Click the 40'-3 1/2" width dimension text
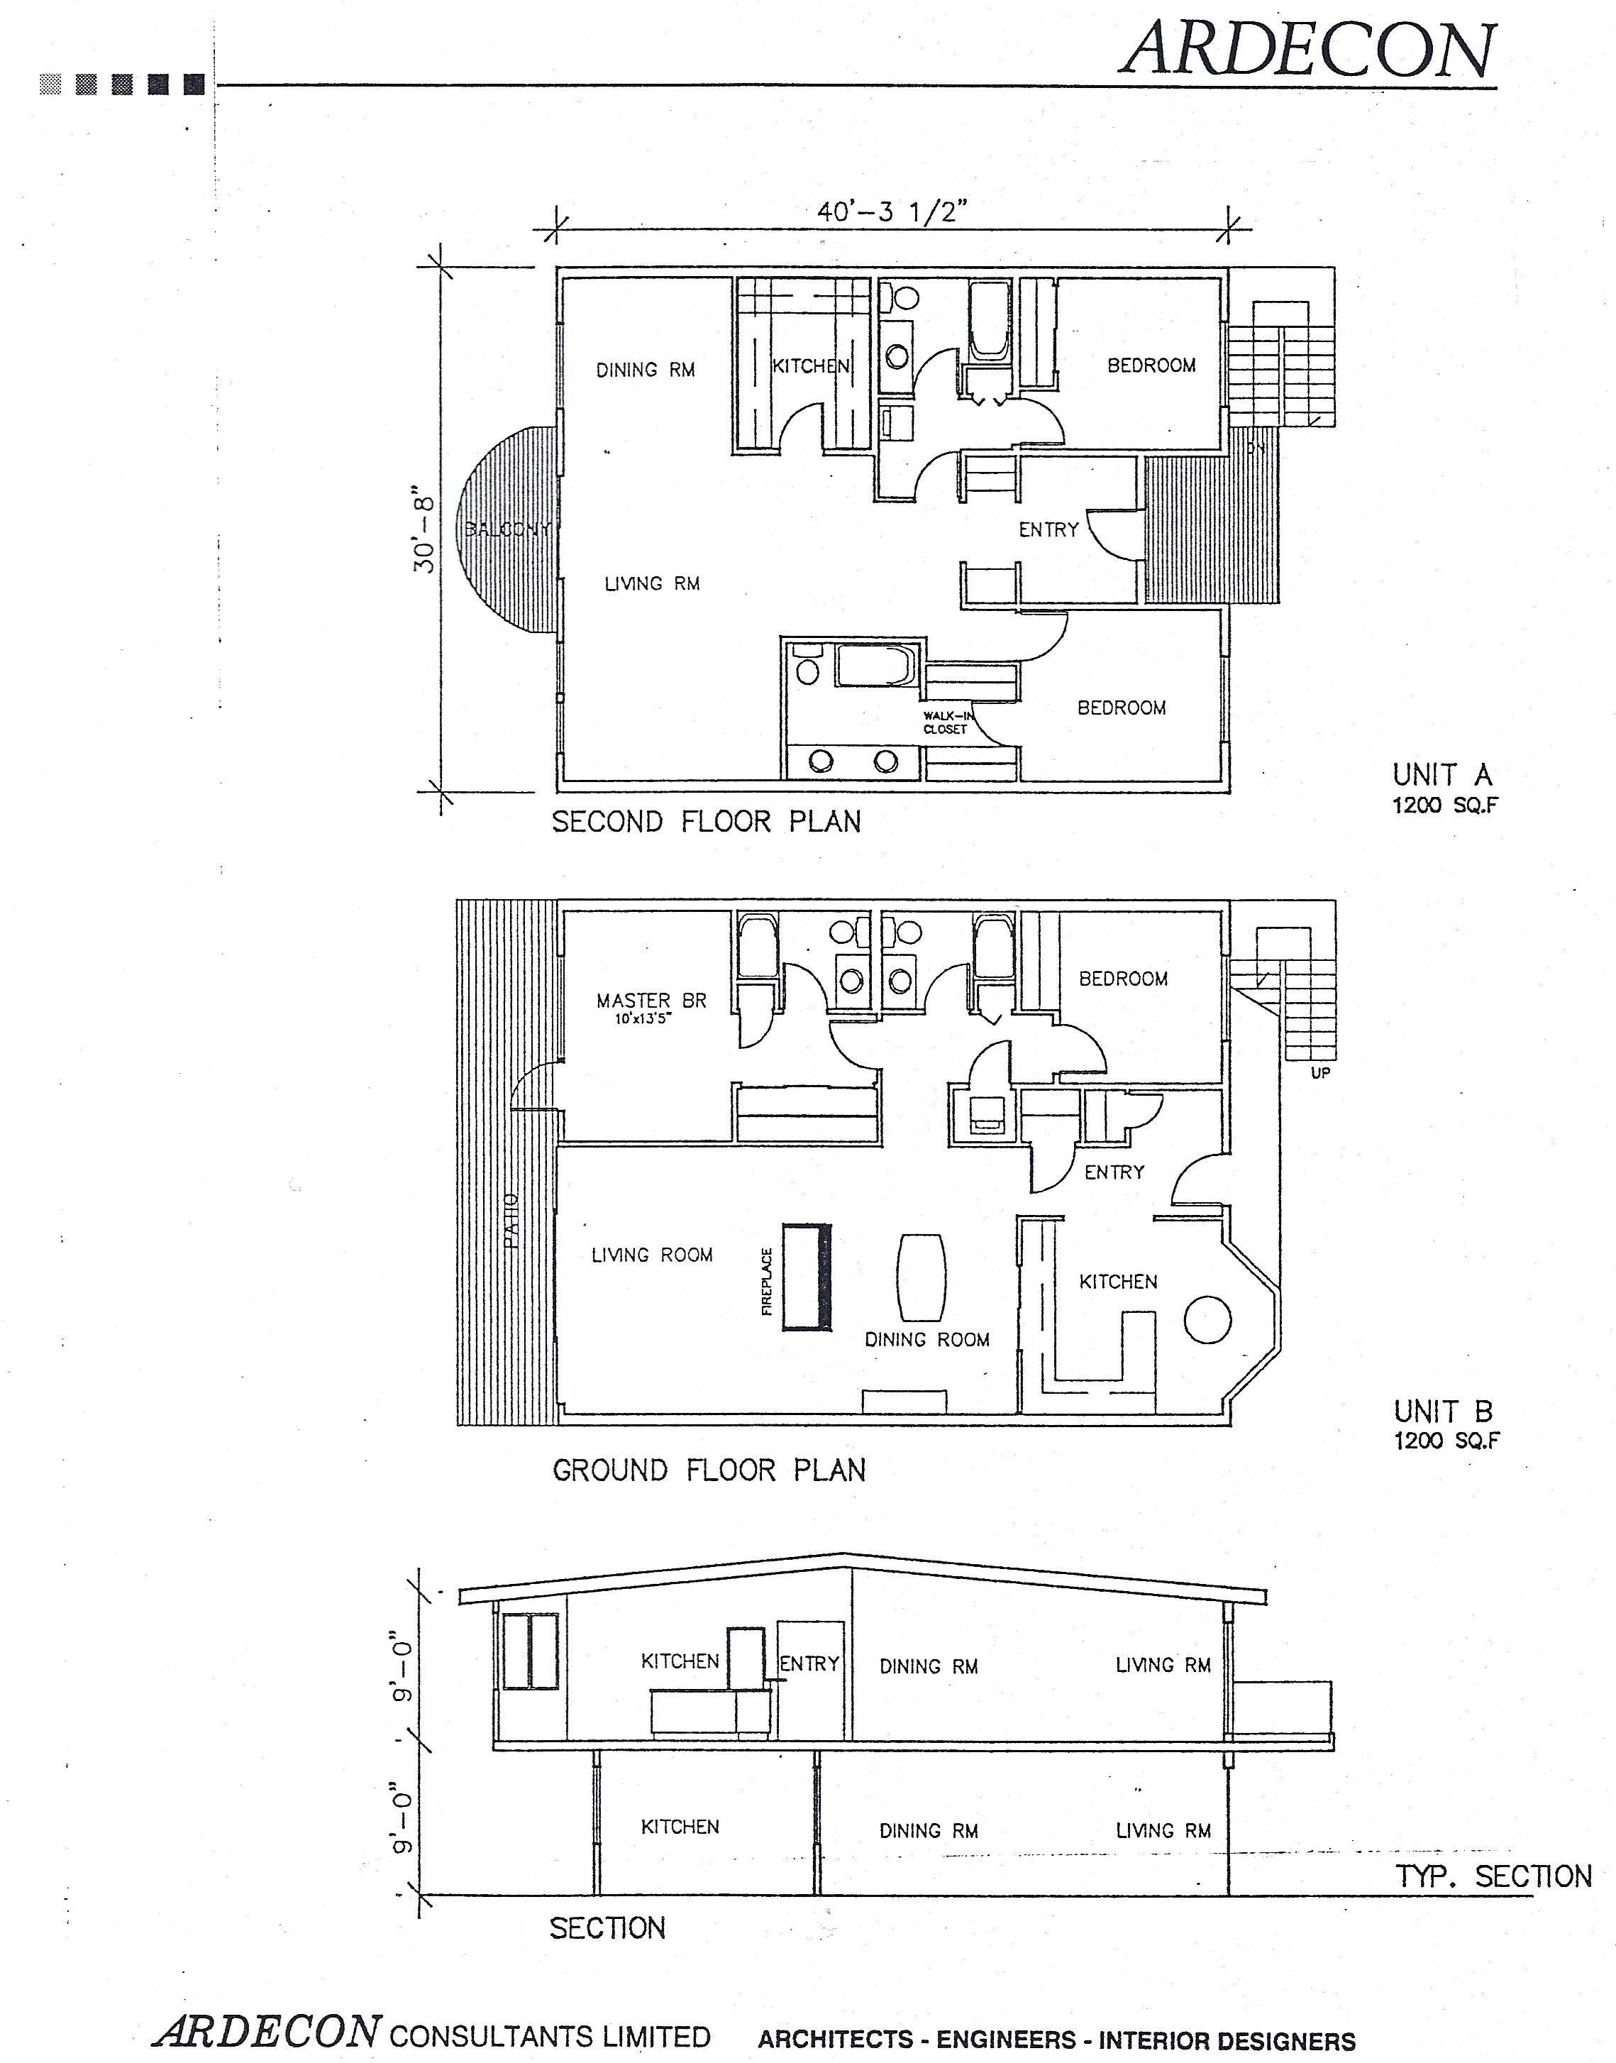click(x=892, y=212)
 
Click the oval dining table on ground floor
click(x=921, y=1277)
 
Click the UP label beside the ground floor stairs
click(x=1320, y=1073)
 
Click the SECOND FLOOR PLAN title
click(x=706, y=821)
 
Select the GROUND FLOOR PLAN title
click(x=709, y=1470)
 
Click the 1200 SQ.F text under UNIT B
click(x=1446, y=1441)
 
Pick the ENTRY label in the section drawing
click(x=809, y=1663)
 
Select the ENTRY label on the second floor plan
click(x=1048, y=530)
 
